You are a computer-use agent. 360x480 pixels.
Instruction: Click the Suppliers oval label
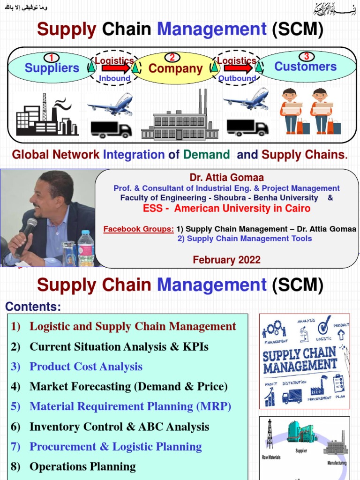(52, 68)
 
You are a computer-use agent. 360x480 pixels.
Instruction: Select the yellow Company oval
(175, 69)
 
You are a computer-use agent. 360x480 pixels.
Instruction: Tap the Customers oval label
(305, 67)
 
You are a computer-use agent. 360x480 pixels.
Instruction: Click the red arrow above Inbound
(114, 68)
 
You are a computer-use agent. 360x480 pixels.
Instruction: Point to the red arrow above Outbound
(237, 68)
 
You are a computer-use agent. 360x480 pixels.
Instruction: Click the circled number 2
(172, 58)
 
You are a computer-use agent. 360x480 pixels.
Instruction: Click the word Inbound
(114, 78)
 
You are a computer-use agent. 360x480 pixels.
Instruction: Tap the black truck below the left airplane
(111, 129)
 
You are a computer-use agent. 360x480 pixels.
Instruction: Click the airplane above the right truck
(247, 100)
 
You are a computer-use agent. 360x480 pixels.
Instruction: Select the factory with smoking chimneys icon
(45, 115)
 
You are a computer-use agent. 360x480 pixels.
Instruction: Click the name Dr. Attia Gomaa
(226, 178)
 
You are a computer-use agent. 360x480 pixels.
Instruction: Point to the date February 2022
(226, 260)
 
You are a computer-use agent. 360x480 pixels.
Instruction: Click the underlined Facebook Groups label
(139, 229)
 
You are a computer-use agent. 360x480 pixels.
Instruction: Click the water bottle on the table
(86, 248)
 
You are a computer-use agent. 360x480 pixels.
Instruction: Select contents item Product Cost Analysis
(86, 367)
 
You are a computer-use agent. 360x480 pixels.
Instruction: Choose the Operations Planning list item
(82, 466)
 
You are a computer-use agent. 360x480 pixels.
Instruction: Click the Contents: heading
(33, 307)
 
